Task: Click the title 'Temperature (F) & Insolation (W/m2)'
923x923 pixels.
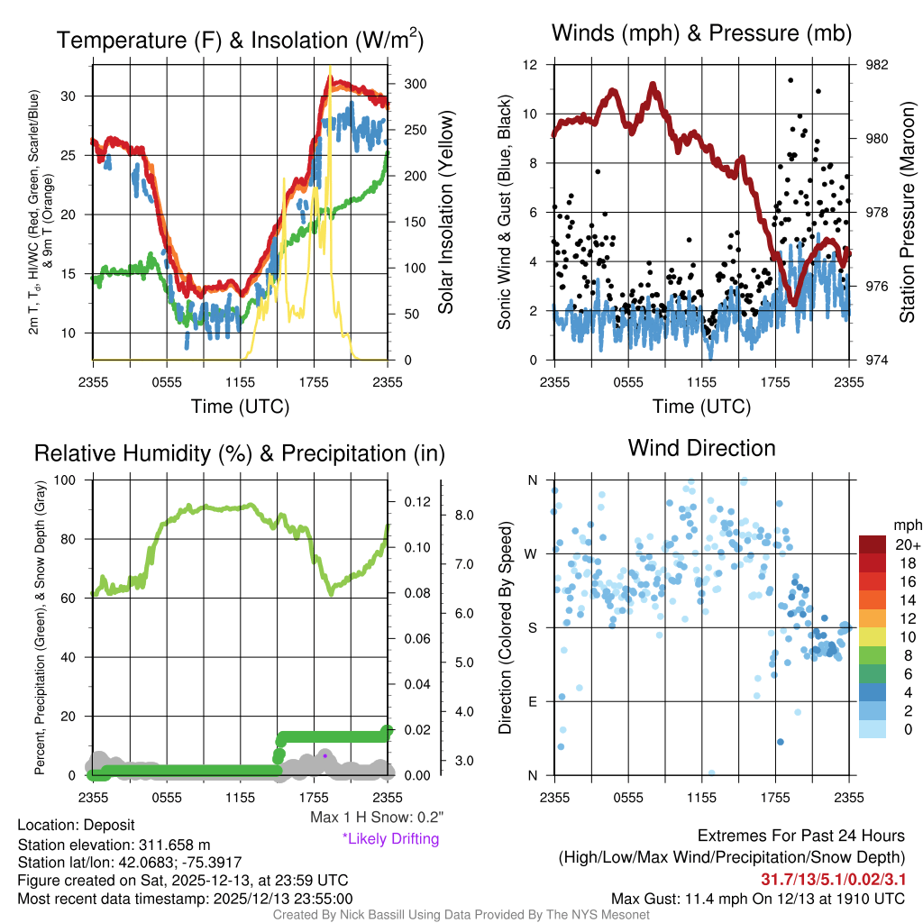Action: (x=240, y=40)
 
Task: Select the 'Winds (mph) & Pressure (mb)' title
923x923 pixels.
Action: (x=701, y=34)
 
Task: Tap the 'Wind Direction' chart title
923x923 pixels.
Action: (x=701, y=448)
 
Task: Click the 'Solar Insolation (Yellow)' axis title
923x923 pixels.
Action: (x=445, y=213)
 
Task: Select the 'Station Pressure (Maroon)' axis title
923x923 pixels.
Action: (x=907, y=213)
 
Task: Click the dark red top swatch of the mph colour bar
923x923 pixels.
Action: (x=873, y=544)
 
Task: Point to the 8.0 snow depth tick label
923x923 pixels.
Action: (x=464, y=516)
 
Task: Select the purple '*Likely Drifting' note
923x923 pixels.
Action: (x=390, y=839)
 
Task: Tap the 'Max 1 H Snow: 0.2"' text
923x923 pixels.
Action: (x=377, y=818)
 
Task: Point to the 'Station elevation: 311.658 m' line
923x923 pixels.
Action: (x=114, y=845)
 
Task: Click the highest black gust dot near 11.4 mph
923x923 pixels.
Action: (x=790, y=80)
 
